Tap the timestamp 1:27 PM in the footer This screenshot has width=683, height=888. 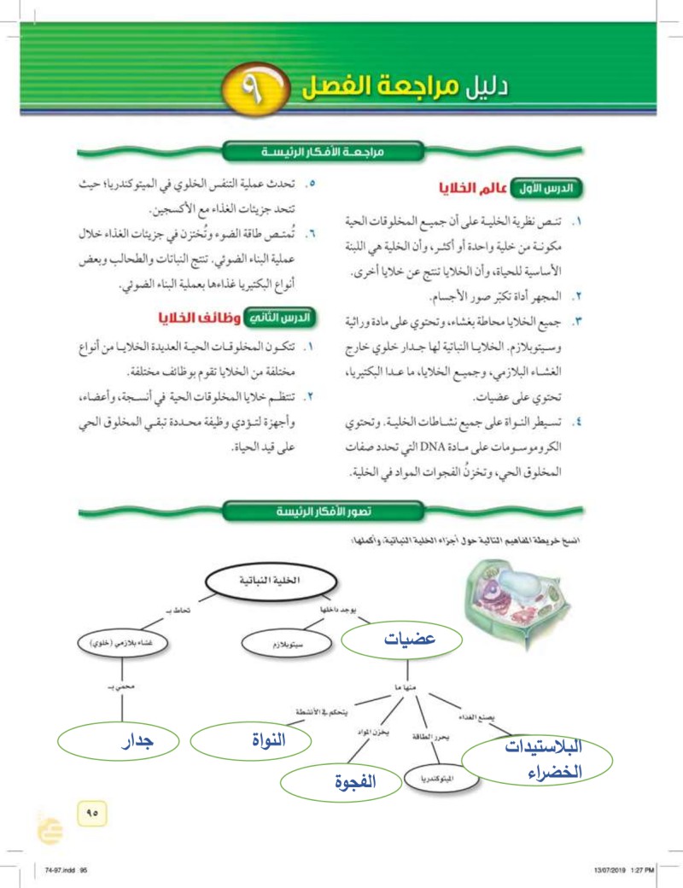click(x=641, y=869)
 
